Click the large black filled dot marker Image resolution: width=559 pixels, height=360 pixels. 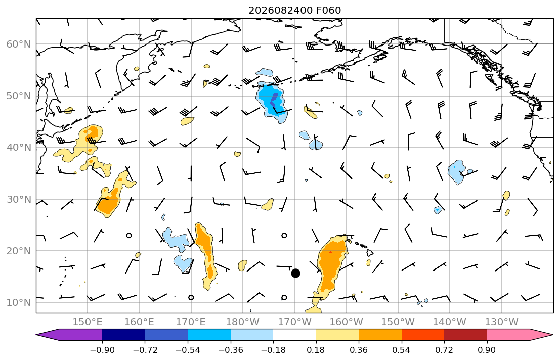(x=295, y=274)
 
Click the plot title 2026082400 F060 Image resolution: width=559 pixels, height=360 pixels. (x=295, y=10)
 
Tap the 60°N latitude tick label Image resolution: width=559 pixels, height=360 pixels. (x=19, y=44)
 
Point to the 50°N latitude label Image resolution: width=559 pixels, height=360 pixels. (x=19, y=96)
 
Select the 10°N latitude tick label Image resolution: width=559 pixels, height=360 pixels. (x=19, y=303)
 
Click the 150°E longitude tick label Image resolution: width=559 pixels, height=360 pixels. (x=88, y=322)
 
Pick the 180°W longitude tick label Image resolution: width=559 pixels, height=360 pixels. (x=243, y=322)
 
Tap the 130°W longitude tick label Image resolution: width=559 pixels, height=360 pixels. (x=502, y=322)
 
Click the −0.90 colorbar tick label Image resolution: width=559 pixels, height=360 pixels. (x=102, y=350)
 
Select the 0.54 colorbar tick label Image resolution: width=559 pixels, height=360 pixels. (x=402, y=350)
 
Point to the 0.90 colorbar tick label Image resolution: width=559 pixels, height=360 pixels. (x=487, y=350)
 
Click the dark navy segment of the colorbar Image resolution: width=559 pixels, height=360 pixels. (x=123, y=335)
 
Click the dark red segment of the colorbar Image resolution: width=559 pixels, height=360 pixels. (x=465, y=335)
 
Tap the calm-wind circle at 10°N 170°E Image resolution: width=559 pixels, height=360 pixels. (x=191, y=297)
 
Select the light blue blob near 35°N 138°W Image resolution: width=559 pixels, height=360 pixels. (x=457, y=171)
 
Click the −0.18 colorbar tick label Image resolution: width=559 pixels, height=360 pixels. (x=274, y=350)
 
